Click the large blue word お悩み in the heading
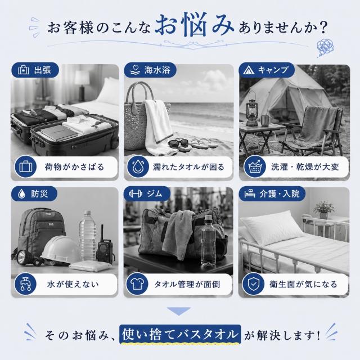(x=195, y=26)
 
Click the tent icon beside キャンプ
(x=249, y=70)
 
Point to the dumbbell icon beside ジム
(x=136, y=193)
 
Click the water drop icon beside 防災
(x=21, y=193)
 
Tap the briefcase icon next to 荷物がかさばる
(x=25, y=166)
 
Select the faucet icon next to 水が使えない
(x=25, y=284)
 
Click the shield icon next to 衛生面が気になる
(x=253, y=284)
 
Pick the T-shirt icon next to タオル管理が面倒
(x=137, y=284)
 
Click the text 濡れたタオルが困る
(x=188, y=167)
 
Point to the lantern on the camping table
(x=252, y=108)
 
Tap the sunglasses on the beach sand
(x=179, y=144)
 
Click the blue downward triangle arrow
(x=179, y=311)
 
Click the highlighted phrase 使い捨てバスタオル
(x=180, y=334)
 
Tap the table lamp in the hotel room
(x=82, y=85)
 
